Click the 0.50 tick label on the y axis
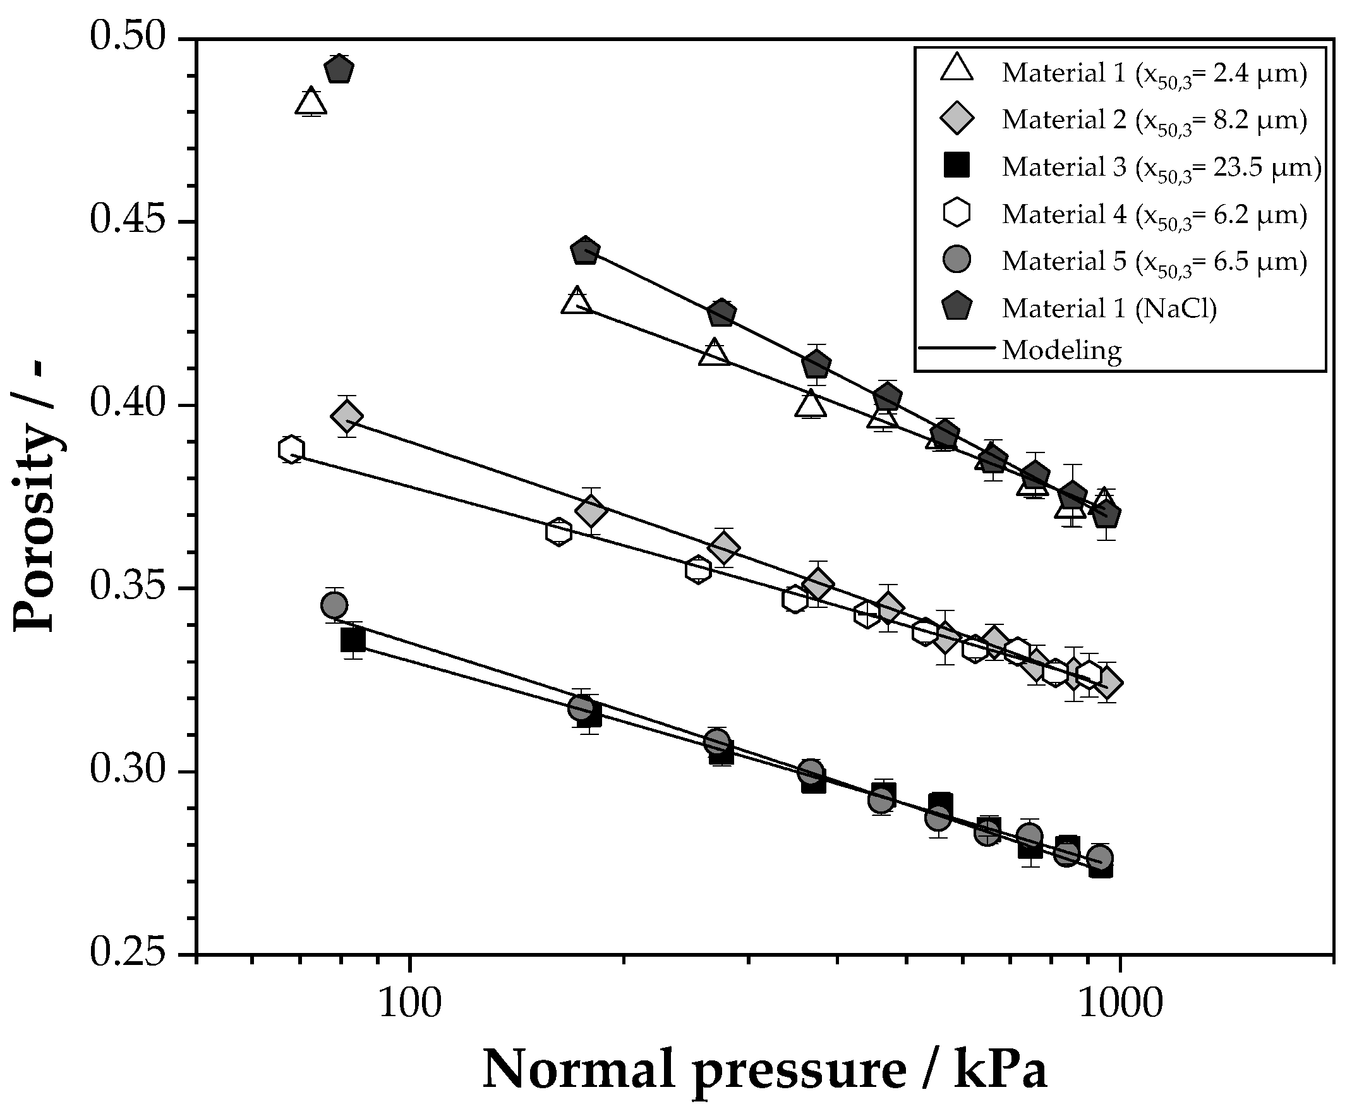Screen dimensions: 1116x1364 pyautogui.click(x=127, y=37)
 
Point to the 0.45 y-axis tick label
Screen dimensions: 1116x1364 pyautogui.click(x=127, y=221)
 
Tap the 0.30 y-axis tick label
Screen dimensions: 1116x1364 pyautogui.click(x=127, y=770)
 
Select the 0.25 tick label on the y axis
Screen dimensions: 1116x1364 pyautogui.click(x=127, y=954)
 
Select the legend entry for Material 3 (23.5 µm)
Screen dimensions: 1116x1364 pyautogui.click(x=1160, y=167)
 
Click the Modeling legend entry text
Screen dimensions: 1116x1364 pyautogui.click(x=1061, y=350)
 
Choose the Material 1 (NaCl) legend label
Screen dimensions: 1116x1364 pyautogui.click(x=1109, y=308)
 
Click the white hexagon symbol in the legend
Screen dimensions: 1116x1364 pyautogui.click(x=957, y=213)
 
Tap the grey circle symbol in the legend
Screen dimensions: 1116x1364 pyautogui.click(x=957, y=260)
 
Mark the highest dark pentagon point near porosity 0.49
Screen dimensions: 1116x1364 pyautogui.click(x=339, y=70)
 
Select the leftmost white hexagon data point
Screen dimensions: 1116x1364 pyautogui.click(x=291, y=449)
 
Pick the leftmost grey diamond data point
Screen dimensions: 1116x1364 pyautogui.click(x=347, y=416)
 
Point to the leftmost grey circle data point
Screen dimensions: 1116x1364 pyautogui.click(x=334, y=605)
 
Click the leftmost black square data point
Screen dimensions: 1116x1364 pyautogui.click(x=353, y=640)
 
